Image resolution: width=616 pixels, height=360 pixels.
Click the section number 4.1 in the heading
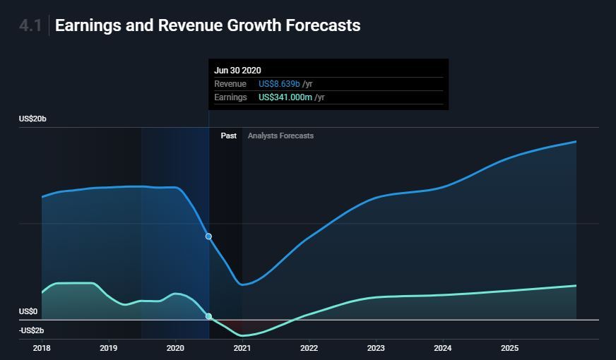pos(30,26)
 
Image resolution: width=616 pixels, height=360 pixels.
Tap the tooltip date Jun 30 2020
pos(237,70)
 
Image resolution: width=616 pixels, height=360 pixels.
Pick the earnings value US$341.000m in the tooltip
pos(285,97)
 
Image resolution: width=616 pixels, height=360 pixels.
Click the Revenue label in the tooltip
pos(230,84)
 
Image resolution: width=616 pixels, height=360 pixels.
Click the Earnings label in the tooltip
pos(230,97)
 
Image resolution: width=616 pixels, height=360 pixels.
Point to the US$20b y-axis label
pos(32,119)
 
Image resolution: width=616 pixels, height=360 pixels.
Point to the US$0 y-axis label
pos(28,311)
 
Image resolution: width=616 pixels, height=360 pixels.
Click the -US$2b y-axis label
pos(31,330)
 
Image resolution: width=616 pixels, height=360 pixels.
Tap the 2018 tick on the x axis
pos(42,348)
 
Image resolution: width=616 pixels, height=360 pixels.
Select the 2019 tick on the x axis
pos(108,348)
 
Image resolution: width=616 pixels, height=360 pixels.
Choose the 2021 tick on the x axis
pos(242,348)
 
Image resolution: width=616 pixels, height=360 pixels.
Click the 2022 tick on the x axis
pos(309,348)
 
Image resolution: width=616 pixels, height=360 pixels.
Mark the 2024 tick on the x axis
pos(443,348)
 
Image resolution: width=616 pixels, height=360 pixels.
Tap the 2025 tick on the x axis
pos(509,348)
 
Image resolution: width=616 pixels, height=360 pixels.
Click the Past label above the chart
pos(228,136)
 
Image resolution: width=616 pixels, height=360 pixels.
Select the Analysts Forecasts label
pos(280,136)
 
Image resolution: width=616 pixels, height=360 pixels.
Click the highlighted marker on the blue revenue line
pos(208,236)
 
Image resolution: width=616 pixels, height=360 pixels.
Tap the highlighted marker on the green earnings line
pos(208,316)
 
